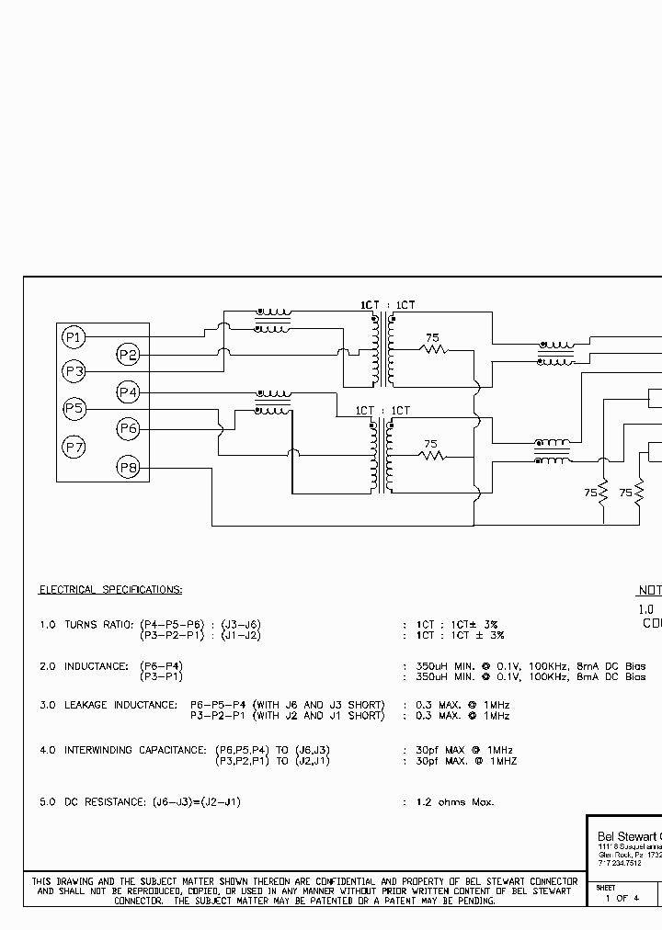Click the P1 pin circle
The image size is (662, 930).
(74, 338)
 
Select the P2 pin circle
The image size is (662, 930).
(128, 355)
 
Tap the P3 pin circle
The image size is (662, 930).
(74, 371)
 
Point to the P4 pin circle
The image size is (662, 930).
(128, 393)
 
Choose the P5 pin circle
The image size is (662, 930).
(74, 408)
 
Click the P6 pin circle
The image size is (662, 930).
(128, 428)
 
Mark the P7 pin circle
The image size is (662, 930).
(74, 448)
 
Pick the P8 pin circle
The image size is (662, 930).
(128, 469)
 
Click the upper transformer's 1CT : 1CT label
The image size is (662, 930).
(387, 305)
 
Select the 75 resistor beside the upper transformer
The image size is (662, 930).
(432, 346)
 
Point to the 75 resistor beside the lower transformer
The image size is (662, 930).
(430, 453)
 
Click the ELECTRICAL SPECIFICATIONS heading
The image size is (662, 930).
(110, 589)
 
